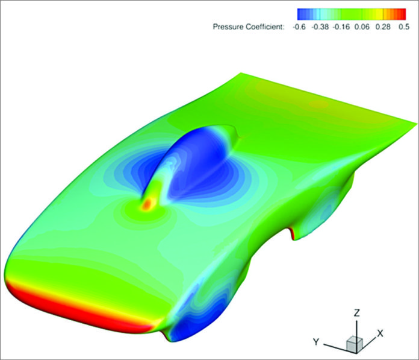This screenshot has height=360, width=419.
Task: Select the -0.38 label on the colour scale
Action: click(x=324, y=27)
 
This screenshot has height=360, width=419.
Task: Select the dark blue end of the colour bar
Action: click(x=301, y=14)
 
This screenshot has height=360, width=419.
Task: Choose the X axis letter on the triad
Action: click(x=380, y=332)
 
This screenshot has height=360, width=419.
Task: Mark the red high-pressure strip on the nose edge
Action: click(x=78, y=308)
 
